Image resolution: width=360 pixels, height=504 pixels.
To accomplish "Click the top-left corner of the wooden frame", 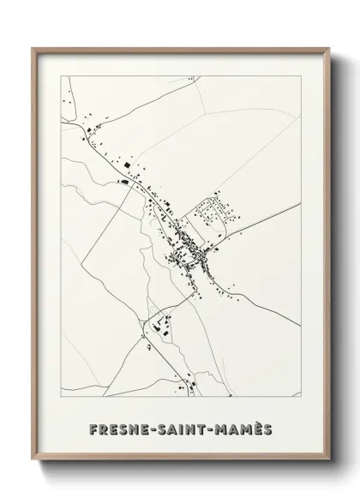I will point(33,48).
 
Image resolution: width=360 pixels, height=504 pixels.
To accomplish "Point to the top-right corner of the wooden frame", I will point(327,48).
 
